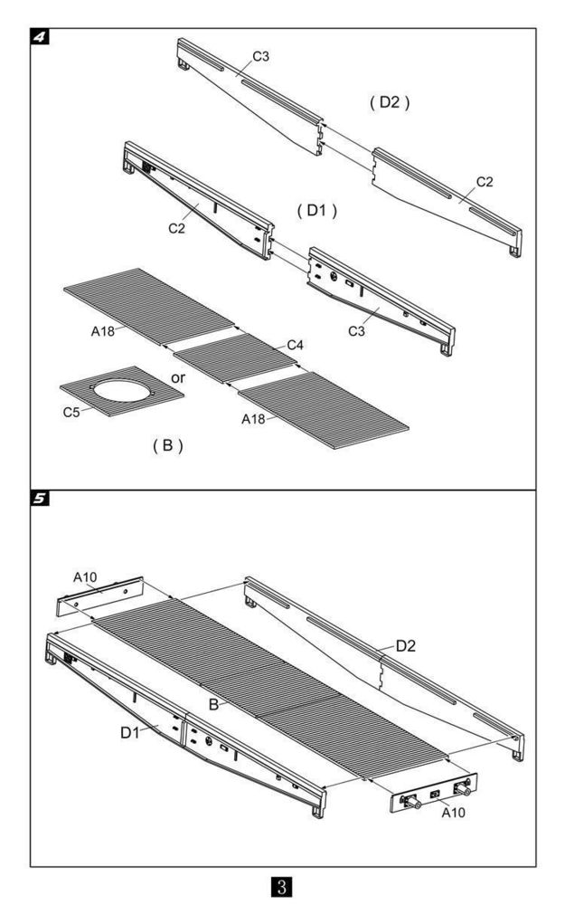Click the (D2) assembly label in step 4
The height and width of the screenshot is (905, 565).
coord(390,102)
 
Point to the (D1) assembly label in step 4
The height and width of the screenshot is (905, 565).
coord(316,210)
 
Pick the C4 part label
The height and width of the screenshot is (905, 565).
coord(296,345)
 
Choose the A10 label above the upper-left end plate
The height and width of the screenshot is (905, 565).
coord(84,576)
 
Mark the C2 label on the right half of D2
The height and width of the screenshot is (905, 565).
coord(485,182)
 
